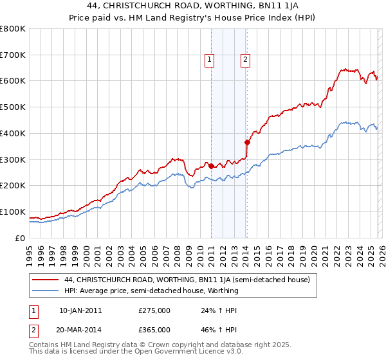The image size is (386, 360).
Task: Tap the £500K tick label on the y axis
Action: click(13, 107)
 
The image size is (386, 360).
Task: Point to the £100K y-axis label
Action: click(13, 212)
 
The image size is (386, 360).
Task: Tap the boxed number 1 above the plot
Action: click(210, 60)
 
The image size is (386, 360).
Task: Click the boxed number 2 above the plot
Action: click(246, 60)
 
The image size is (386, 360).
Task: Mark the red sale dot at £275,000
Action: click(211, 166)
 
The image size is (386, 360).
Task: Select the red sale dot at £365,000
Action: click(247, 142)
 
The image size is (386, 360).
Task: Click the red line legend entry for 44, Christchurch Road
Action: click(187, 280)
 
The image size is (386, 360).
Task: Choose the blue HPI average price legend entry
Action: click(151, 291)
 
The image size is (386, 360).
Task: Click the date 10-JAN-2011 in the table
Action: click(80, 310)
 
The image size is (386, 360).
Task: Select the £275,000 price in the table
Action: click(154, 310)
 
